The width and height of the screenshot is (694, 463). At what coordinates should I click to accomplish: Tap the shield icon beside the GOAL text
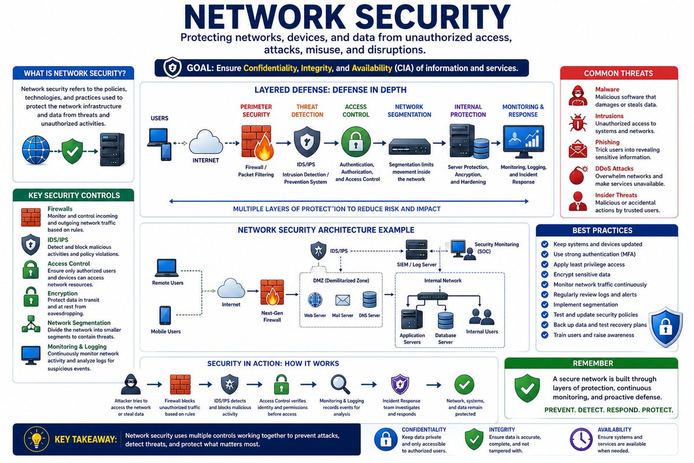click(x=172, y=68)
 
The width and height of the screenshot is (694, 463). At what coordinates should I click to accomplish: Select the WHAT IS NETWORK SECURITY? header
click(x=73, y=74)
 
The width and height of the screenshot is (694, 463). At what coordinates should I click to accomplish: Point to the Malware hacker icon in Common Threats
click(x=578, y=95)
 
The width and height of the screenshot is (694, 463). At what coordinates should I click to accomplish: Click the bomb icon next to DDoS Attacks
click(x=578, y=175)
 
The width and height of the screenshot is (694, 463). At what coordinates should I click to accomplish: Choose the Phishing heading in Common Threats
click(x=607, y=142)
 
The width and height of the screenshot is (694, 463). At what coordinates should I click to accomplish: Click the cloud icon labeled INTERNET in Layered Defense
click(x=205, y=142)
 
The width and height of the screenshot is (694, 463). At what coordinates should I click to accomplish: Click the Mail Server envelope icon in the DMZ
click(x=344, y=300)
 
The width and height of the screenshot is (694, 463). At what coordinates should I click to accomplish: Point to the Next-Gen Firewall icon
click(x=271, y=292)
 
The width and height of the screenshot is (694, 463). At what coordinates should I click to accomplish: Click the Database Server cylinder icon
click(x=445, y=320)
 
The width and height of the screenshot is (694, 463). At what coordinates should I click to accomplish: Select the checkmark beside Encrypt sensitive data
click(x=544, y=274)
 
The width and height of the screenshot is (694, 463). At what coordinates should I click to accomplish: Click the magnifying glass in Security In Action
click(x=340, y=384)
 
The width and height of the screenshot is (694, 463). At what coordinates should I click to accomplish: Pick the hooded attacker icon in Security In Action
click(x=131, y=384)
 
